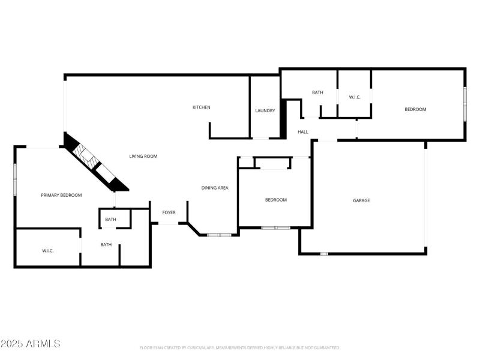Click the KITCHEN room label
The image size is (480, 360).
coord(201,107)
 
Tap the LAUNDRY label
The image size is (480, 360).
coord(265,110)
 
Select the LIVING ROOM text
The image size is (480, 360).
coord(143,157)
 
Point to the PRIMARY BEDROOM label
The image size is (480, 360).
coord(61,195)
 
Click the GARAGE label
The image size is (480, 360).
coord(361,200)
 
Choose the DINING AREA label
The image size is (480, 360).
coord(215,188)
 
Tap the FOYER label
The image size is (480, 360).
coord(169,212)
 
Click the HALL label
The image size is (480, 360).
coord(303,132)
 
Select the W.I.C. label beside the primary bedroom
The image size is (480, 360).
coord(48,250)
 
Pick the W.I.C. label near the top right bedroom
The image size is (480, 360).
coord(355,97)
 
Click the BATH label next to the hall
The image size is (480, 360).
coord(317,92)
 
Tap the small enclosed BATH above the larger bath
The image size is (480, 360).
coord(110,220)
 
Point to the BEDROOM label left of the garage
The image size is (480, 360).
coord(276,200)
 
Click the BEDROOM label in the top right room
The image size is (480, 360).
coord(415,109)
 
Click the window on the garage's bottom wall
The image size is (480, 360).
coord(324,254)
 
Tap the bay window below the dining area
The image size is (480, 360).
coord(219,235)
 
